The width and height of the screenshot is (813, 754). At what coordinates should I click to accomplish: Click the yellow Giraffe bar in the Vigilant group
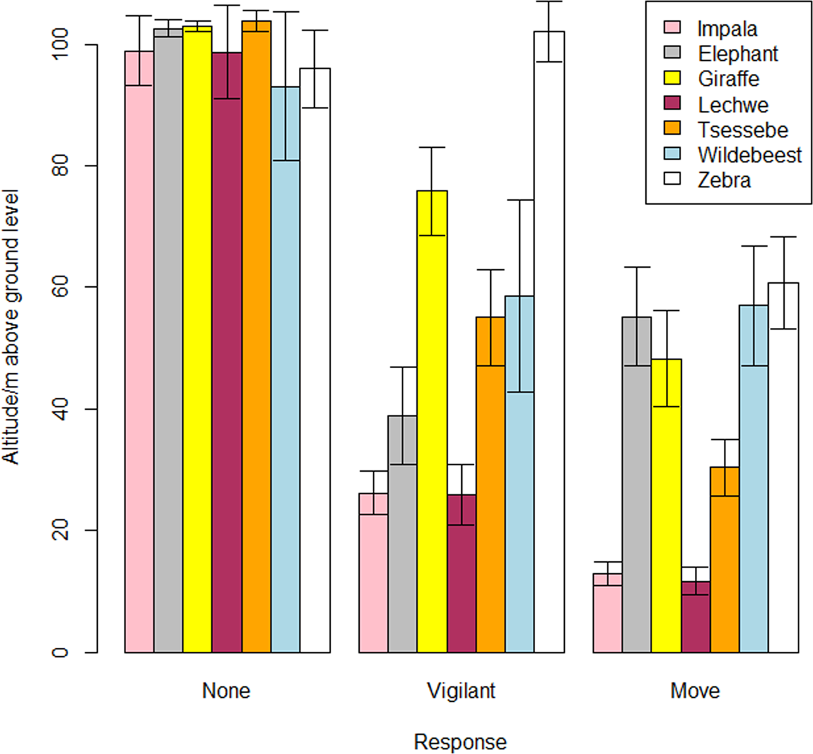click(432, 422)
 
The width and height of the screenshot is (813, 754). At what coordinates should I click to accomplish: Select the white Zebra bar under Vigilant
click(549, 343)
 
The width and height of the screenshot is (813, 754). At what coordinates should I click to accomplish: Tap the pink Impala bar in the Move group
click(607, 613)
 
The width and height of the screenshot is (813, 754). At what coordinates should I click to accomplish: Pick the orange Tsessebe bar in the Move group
click(725, 561)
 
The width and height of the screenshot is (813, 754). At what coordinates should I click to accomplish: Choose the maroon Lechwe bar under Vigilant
click(461, 574)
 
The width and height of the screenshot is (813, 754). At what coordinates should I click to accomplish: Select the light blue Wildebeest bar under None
click(286, 369)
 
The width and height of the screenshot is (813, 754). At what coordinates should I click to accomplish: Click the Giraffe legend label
click(729, 79)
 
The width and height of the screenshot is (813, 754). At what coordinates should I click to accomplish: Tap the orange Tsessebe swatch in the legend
click(672, 129)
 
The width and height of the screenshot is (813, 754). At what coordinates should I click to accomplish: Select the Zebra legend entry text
click(724, 180)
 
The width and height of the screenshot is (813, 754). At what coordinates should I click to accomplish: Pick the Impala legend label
click(727, 29)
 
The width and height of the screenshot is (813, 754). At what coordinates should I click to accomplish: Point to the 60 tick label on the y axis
click(61, 288)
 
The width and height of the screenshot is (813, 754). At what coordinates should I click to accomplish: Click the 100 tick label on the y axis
click(61, 45)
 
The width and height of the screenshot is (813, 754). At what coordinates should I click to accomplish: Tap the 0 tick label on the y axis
click(61, 652)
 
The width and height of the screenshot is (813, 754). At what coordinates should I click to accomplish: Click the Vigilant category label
click(461, 691)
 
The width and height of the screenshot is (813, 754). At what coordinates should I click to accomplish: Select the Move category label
click(695, 691)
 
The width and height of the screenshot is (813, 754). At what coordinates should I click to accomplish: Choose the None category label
click(226, 691)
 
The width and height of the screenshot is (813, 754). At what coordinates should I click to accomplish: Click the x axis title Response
click(460, 741)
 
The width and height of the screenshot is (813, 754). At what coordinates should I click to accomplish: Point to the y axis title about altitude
click(11, 327)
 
